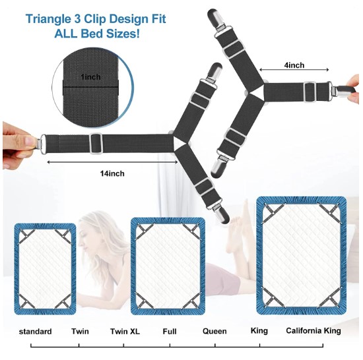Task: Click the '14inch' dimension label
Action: pos(112,173)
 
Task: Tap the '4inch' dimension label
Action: pos(294,65)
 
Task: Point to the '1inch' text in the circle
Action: pos(91,76)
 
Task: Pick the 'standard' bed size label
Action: pos(35,332)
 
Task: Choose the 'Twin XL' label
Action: pos(125,332)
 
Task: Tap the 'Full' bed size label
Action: pos(170,332)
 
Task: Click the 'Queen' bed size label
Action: pos(214,331)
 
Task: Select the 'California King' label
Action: pos(313,330)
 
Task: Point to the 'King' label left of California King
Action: pos(259,330)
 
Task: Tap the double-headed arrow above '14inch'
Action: pos(112,162)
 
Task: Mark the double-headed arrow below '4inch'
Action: pos(294,70)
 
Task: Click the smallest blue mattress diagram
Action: pos(45,269)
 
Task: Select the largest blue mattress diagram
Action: pos(302,255)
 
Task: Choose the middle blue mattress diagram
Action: pos(168,266)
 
